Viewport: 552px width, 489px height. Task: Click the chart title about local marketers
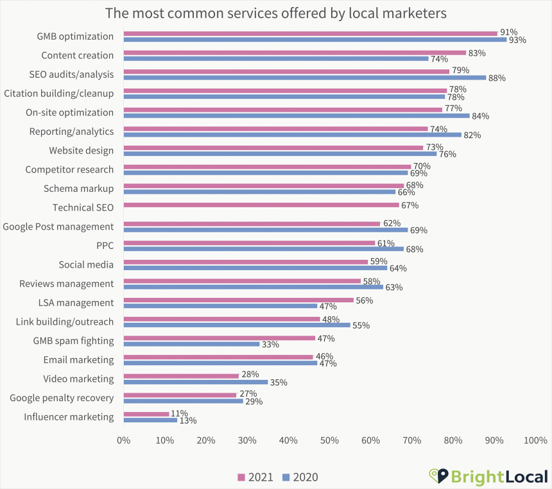[x=276, y=13]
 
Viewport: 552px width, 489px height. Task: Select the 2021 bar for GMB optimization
[x=310, y=33]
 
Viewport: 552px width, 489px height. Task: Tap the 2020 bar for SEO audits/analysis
[x=305, y=78]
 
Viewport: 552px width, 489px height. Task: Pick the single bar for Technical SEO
[x=261, y=205]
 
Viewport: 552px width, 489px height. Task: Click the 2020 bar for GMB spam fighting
[x=191, y=344]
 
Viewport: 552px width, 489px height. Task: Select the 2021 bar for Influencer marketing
[x=146, y=414]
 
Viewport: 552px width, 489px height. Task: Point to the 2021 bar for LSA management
[x=239, y=300]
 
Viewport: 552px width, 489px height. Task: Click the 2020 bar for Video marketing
[x=196, y=382]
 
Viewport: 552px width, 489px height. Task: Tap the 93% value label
[x=517, y=40]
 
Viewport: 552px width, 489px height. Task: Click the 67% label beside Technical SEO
[x=410, y=205]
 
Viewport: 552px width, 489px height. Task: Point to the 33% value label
[x=270, y=344]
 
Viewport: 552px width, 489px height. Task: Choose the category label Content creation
[x=78, y=55]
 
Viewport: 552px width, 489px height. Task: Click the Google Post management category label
[x=58, y=227]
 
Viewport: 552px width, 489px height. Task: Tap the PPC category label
[x=105, y=245]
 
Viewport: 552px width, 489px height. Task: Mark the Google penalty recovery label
[x=62, y=398]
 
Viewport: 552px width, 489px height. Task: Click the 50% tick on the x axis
[x=329, y=441]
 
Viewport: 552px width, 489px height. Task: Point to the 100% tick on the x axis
[x=535, y=441]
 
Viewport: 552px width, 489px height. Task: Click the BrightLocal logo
[x=488, y=476]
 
